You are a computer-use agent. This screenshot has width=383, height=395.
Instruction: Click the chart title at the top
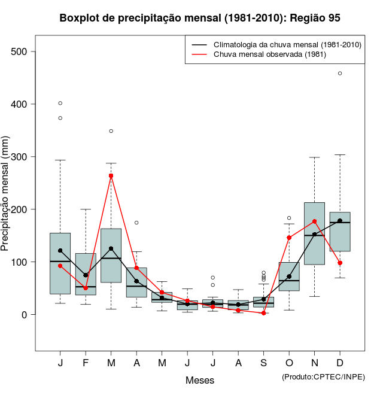200,18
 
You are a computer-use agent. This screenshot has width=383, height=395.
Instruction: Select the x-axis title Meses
200,380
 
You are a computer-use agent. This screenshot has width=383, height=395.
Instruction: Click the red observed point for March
111,176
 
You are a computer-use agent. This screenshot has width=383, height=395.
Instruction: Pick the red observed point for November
314,221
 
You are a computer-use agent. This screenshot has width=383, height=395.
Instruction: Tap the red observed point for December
340,263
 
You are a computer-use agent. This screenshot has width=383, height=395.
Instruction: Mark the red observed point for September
263,313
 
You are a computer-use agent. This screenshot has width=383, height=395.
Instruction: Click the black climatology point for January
60,251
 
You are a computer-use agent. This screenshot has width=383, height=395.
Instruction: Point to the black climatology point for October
289,276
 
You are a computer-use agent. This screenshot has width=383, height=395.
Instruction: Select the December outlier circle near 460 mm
340,74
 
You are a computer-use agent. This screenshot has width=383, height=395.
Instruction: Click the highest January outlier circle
60,103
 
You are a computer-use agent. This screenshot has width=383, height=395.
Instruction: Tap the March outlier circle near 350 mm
111,131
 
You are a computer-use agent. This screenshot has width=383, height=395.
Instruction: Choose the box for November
314,233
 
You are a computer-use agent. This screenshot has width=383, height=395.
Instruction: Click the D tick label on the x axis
340,363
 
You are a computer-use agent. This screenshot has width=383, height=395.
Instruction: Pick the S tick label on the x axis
263,363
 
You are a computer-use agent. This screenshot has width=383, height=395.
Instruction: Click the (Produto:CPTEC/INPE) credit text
323,376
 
